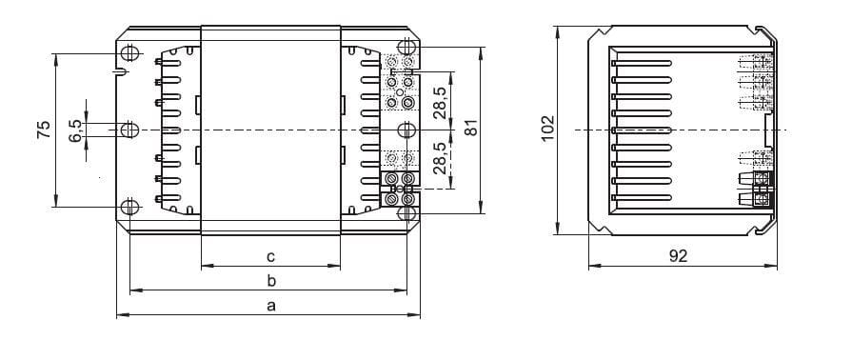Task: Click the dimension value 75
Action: (43, 130)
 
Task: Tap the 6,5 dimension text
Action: (76, 130)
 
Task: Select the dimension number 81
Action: (469, 129)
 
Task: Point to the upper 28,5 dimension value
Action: (439, 103)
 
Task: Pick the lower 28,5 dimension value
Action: (439, 158)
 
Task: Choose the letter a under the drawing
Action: (271, 306)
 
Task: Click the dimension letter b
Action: (271, 280)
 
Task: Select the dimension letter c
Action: (271, 255)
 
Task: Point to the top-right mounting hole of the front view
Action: (408, 46)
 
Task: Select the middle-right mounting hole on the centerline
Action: (408, 130)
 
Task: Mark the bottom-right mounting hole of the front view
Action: (408, 212)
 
